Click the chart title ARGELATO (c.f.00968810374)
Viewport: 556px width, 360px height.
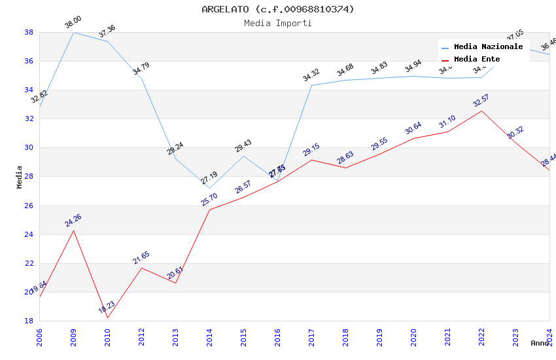click(x=277, y=9)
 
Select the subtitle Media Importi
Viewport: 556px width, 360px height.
click(x=277, y=24)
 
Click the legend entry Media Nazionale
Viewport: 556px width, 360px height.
click(x=488, y=47)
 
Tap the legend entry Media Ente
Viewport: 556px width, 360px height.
click(x=477, y=60)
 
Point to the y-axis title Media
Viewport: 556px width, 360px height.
click(x=20, y=177)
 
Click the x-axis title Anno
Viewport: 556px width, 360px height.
click(x=540, y=343)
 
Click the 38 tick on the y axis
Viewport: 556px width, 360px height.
click(x=29, y=32)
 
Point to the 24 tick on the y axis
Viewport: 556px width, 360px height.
click(x=29, y=234)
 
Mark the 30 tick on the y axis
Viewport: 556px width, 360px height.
click(x=29, y=147)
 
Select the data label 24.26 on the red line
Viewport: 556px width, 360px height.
click(x=73, y=221)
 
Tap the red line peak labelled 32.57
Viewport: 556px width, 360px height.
click(x=481, y=111)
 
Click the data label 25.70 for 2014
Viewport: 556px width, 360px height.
click(x=209, y=200)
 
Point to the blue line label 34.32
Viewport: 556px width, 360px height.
click(x=311, y=75)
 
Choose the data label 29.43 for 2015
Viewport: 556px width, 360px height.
click(x=243, y=146)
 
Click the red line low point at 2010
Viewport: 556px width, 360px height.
click(x=107, y=317)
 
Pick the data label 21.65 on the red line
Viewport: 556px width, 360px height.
click(x=141, y=258)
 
